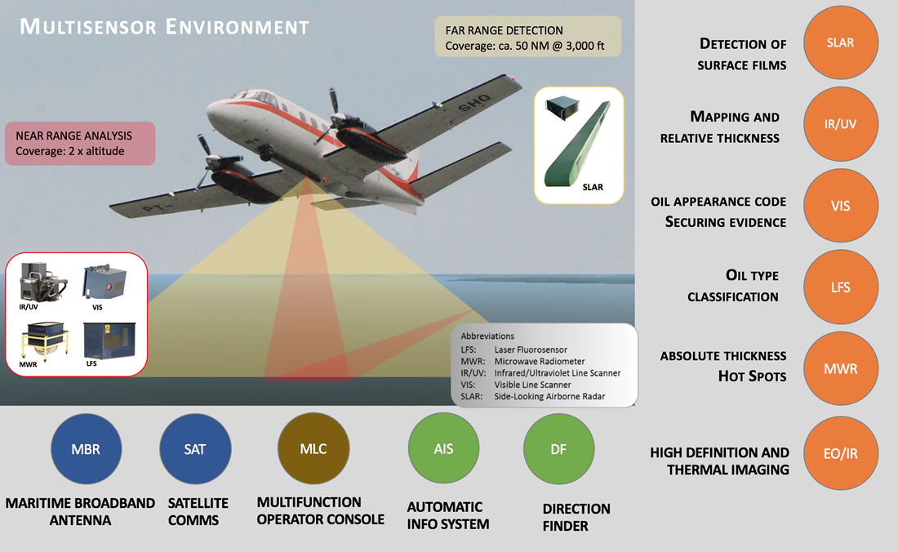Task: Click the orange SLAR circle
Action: pos(840,42)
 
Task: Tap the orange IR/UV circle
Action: pos(840,123)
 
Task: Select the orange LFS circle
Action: pos(840,287)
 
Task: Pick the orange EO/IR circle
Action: pos(840,453)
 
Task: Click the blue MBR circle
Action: pos(86,449)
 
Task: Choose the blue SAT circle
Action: pos(195,449)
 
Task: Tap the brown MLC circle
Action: pos(313,448)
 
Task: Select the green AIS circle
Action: pos(443,448)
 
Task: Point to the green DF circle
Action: pos(558,449)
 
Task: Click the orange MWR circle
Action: pos(840,368)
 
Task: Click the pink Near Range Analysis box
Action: pos(80,144)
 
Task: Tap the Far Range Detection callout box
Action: pos(527,37)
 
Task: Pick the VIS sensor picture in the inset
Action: pos(104,282)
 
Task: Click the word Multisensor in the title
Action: pos(88,26)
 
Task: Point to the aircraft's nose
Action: pos(210,110)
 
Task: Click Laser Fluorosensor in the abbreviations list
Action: pos(531,349)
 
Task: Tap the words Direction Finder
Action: pos(576,517)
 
